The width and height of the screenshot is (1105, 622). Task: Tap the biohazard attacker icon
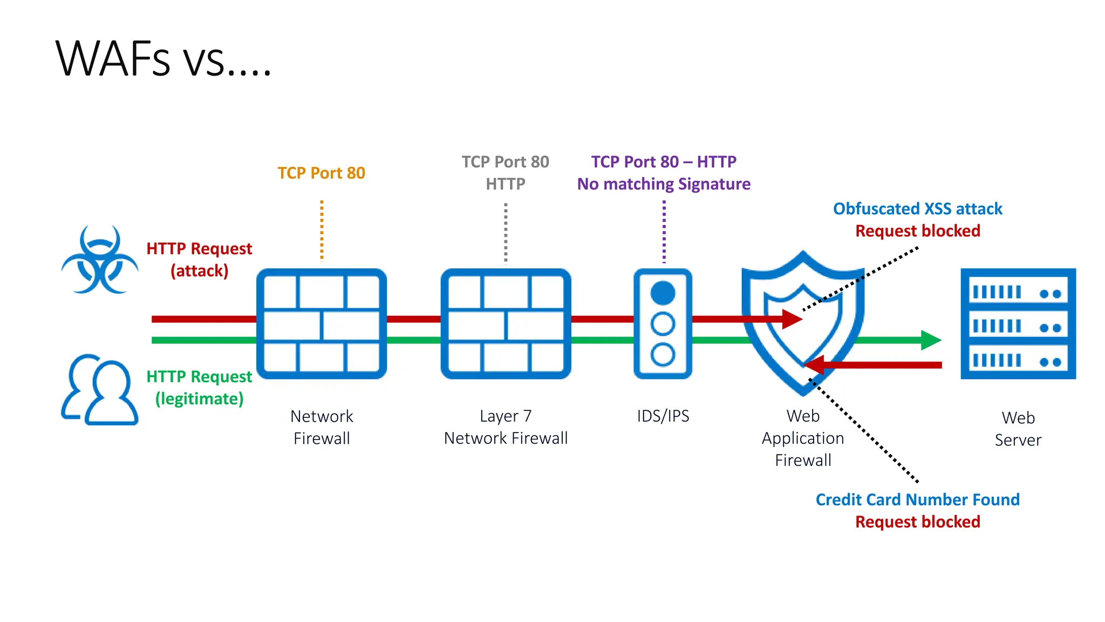(100, 261)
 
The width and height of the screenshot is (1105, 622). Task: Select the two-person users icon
(100, 390)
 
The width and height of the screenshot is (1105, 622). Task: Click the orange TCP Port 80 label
(321, 173)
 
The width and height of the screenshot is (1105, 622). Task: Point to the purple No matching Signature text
(664, 184)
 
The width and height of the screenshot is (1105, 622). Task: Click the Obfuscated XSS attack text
(917, 208)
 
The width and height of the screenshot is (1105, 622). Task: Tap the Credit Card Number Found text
(917, 499)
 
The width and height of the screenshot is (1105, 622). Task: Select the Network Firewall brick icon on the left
(322, 324)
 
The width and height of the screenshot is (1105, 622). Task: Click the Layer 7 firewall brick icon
(506, 324)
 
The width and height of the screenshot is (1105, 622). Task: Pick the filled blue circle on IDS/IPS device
(663, 293)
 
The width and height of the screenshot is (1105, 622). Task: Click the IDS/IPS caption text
(663, 416)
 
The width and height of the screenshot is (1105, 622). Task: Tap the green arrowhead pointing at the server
(930, 340)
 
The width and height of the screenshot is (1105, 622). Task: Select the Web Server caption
(1018, 429)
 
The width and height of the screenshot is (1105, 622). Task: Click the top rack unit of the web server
(1018, 293)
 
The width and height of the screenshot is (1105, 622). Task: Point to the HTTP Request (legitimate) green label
(199, 387)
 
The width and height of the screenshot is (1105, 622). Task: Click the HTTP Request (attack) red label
(199, 259)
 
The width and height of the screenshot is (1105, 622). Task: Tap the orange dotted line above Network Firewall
(322, 230)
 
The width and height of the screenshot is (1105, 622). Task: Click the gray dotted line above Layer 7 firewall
(506, 233)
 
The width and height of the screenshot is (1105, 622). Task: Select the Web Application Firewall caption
(803, 438)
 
